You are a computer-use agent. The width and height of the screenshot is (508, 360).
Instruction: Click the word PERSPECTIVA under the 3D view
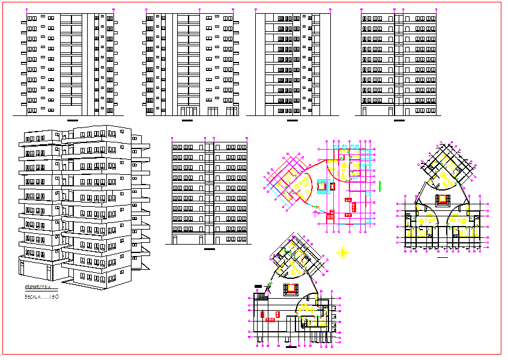[x=37, y=288]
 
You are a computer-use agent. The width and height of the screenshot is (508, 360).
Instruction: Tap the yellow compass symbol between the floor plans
[x=343, y=253]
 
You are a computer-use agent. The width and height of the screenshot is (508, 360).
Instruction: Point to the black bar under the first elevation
[x=73, y=121]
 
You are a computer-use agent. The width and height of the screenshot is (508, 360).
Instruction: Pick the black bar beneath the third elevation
[x=292, y=121]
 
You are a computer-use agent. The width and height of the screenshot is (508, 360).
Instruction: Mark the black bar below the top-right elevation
[x=398, y=121]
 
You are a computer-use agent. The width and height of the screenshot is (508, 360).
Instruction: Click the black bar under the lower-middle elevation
[x=209, y=249]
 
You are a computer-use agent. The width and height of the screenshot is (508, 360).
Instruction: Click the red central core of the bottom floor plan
[x=293, y=287]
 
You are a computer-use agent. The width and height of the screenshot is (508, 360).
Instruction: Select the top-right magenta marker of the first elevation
[x=114, y=10]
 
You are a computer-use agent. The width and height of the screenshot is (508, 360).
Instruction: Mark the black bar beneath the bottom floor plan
[x=292, y=346]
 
